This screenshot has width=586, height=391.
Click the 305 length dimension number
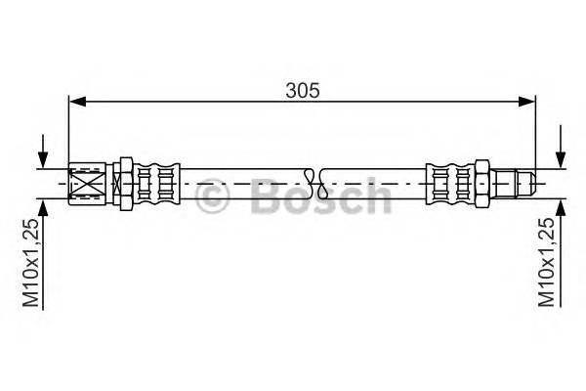[303, 90]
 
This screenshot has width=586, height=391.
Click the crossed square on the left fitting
[85, 182]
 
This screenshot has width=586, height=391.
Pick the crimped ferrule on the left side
[156, 182]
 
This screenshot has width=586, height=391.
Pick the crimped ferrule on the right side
[449, 182]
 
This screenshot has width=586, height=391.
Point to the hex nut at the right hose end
[481, 182]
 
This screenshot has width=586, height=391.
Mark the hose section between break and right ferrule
[371, 182]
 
